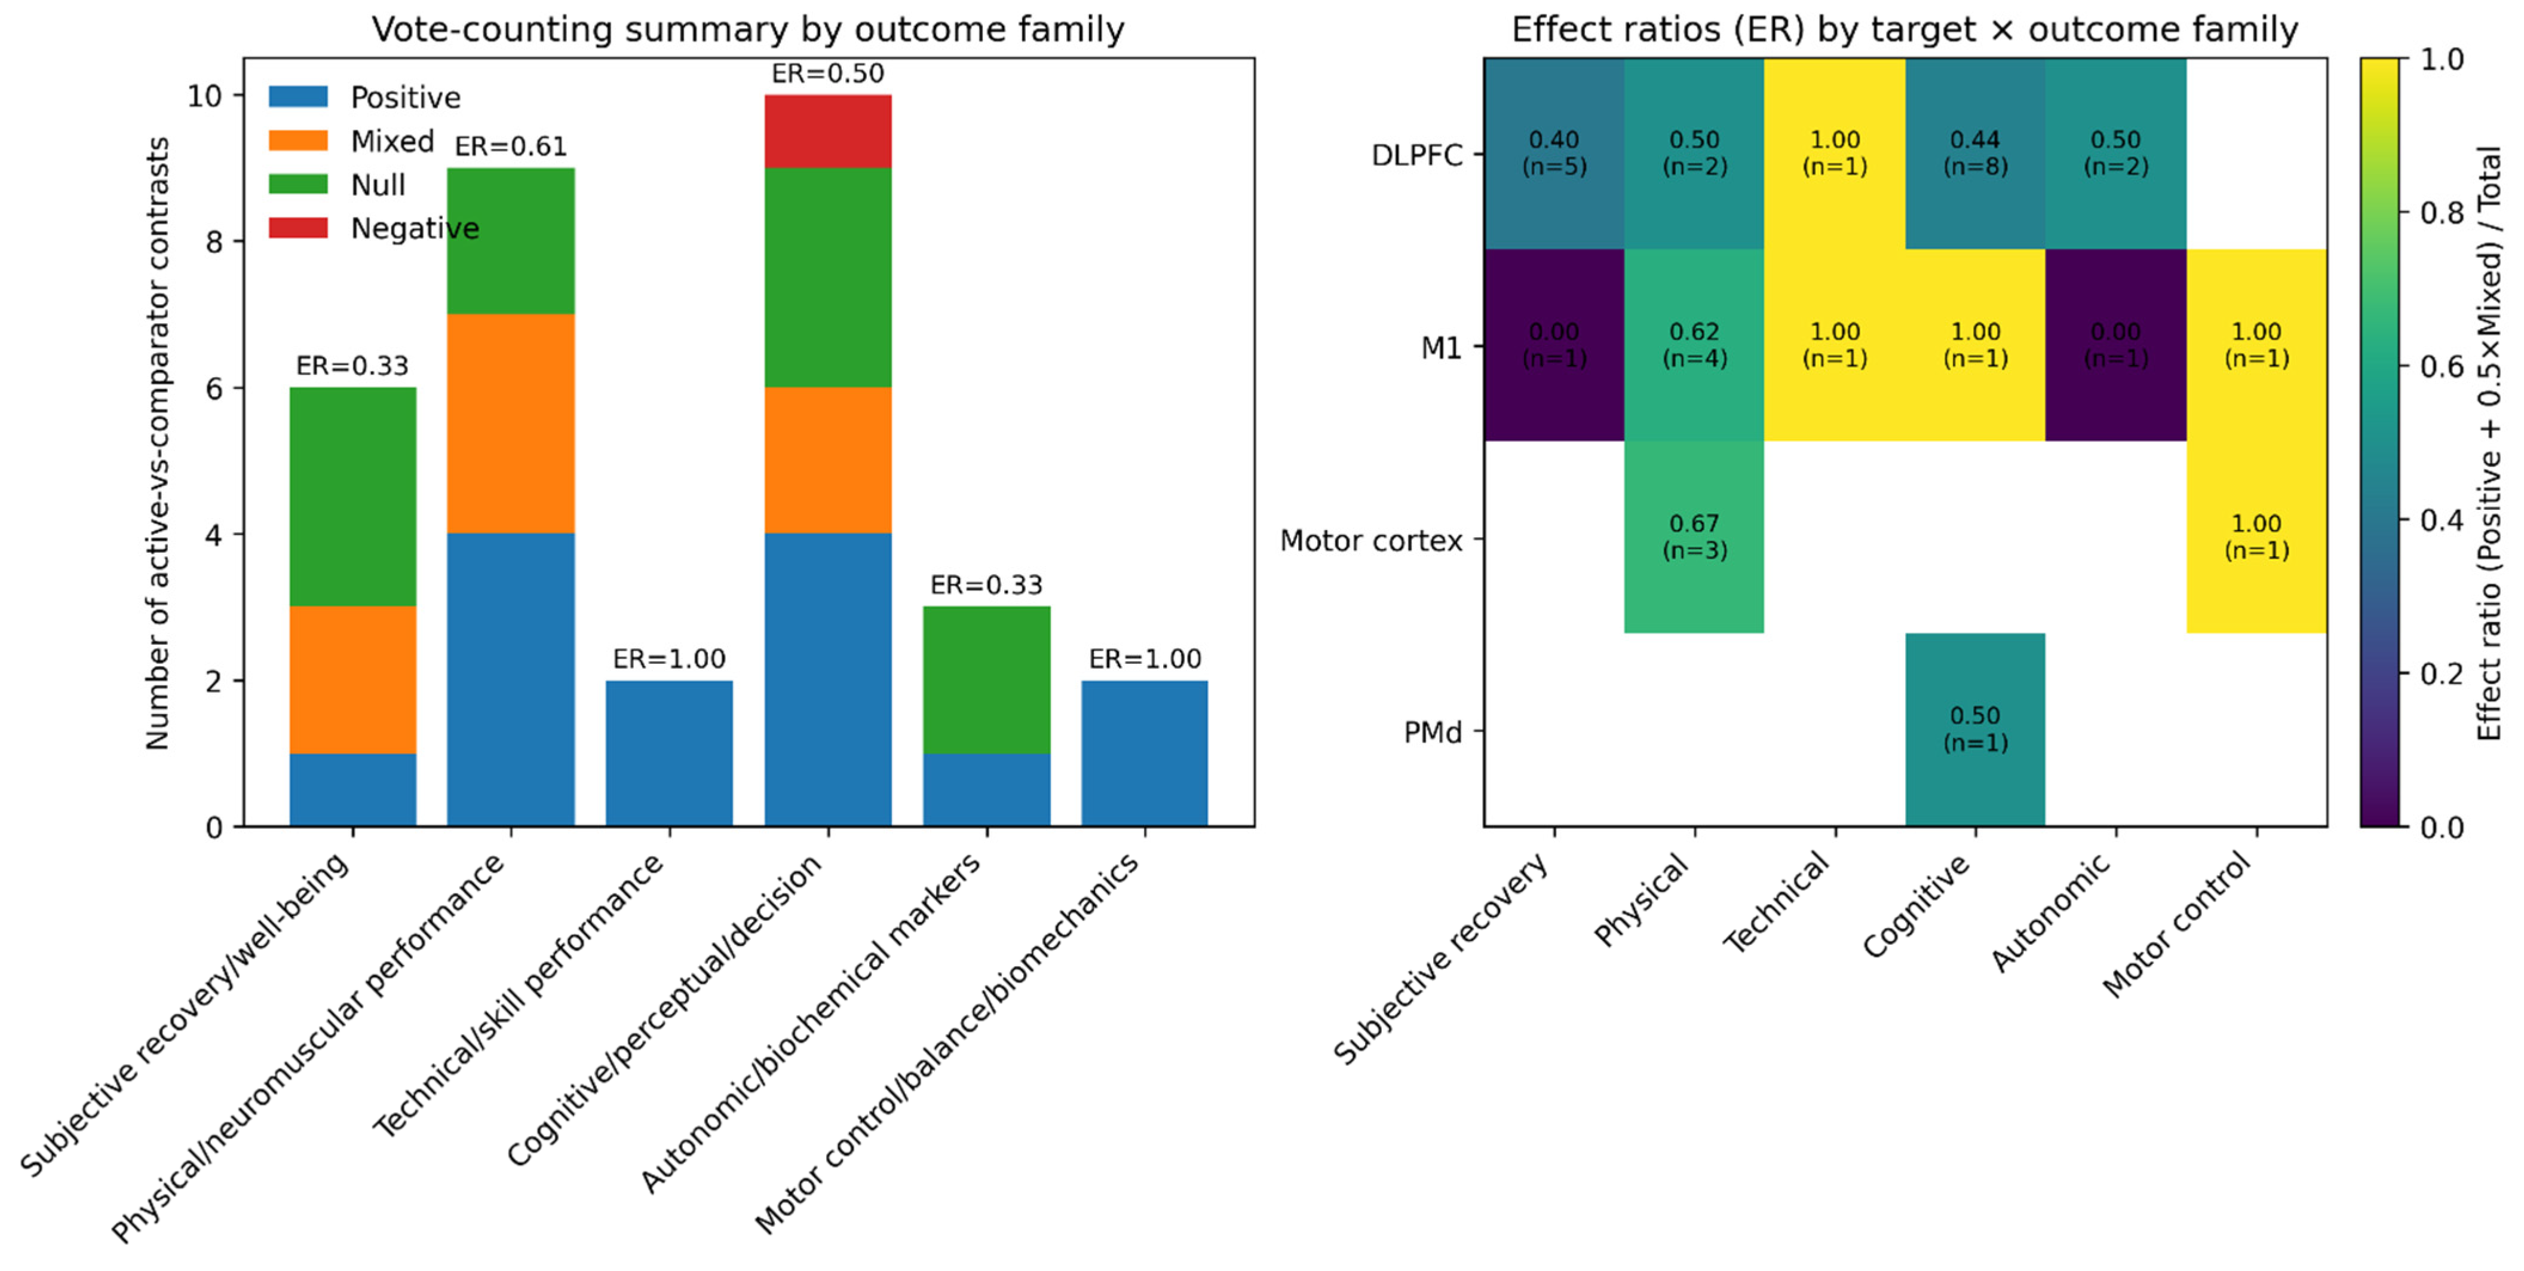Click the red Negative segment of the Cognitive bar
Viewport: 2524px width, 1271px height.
point(828,131)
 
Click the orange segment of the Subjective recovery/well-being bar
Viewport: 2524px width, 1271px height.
point(352,680)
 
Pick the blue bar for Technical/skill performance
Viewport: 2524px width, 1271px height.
point(669,754)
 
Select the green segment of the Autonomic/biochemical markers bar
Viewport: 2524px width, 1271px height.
point(987,680)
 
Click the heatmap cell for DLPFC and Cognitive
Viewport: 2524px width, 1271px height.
point(1976,154)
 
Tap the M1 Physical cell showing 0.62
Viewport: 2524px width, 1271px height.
point(1694,345)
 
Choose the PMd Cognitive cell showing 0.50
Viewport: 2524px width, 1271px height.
point(1976,729)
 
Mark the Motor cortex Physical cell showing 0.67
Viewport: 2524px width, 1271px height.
point(1694,537)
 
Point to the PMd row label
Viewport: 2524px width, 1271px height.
point(1433,732)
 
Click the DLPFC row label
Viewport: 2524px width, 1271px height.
point(1417,155)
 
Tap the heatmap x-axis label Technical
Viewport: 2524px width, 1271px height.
point(1775,902)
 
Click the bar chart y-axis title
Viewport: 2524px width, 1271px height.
point(158,443)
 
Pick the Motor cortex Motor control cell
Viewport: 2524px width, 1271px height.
point(2256,537)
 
